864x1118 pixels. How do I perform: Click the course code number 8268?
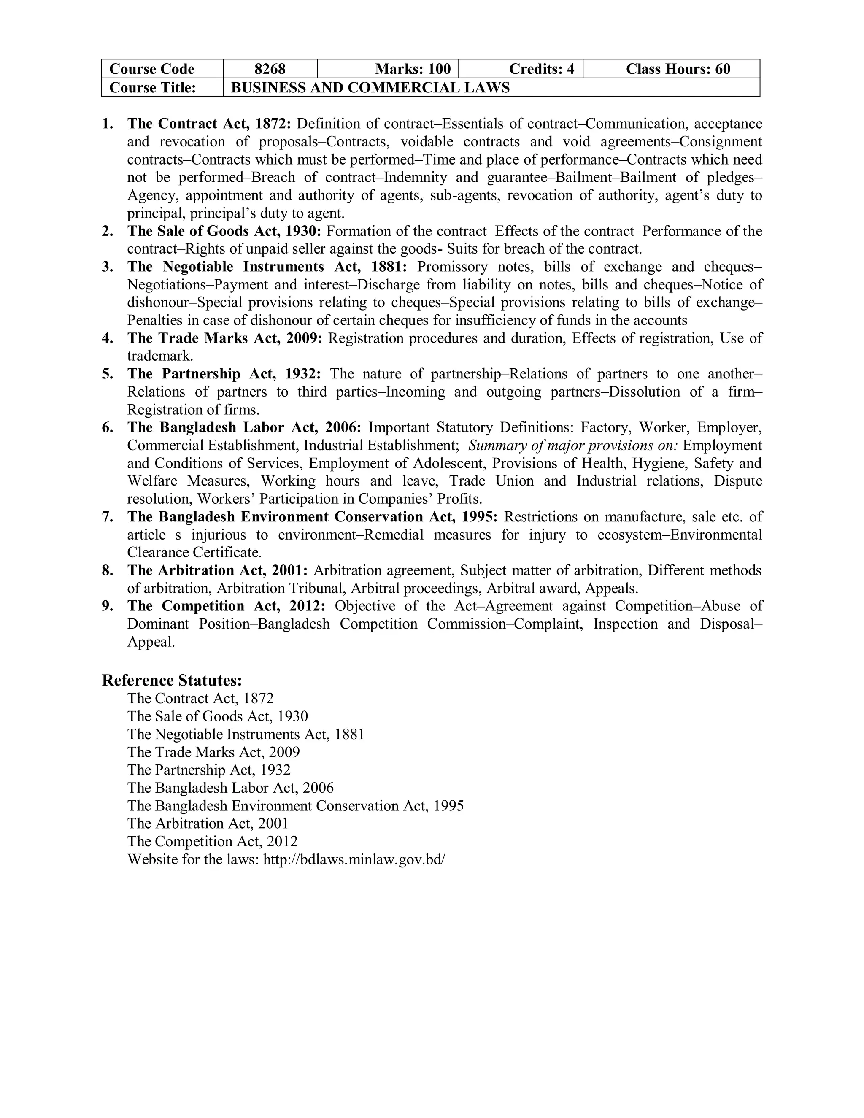click(270, 69)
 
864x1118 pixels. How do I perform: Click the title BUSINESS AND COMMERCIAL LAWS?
click(370, 87)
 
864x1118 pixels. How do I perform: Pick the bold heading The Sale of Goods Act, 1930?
click(224, 231)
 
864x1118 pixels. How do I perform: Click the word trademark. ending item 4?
click(160, 356)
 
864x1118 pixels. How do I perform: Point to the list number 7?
click(107, 517)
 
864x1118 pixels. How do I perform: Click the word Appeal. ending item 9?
click(151, 642)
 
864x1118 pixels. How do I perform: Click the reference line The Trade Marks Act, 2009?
click(213, 752)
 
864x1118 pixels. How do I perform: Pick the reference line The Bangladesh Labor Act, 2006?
click(230, 788)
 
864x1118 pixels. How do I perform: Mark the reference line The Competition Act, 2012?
click(213, 841)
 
